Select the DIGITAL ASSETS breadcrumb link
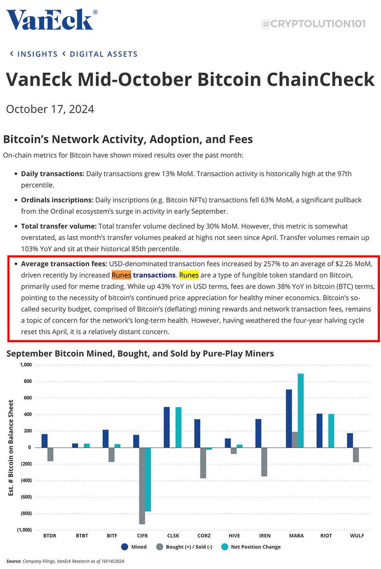[103, 54]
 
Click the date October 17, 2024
[50, 109]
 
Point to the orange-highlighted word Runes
[121, 275]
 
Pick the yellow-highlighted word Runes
[189, 275]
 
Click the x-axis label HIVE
[234, 535]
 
